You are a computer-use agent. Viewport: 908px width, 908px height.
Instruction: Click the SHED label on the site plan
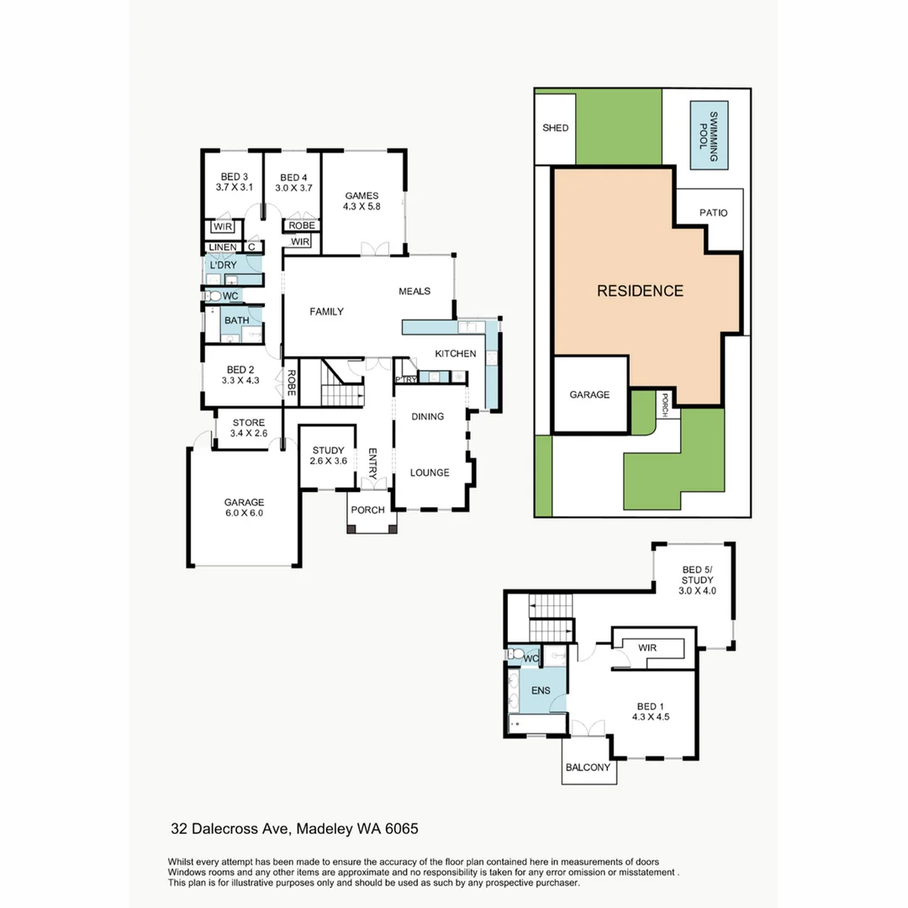555,129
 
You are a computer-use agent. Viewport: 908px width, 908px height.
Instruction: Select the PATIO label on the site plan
713,214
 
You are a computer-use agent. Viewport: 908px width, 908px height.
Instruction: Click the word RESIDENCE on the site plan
640,292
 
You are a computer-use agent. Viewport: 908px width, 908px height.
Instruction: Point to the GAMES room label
362,196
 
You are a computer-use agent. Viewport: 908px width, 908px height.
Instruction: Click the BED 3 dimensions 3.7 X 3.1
234,187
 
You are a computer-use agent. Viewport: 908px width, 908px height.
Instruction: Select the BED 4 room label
293,177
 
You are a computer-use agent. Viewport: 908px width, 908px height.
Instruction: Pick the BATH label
236,320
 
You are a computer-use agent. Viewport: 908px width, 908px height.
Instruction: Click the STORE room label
248,423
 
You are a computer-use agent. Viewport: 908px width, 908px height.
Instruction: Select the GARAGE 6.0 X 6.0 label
243,507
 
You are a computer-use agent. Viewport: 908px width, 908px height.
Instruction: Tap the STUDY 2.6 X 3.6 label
329,456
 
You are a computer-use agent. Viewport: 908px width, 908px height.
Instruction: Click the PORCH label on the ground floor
367,510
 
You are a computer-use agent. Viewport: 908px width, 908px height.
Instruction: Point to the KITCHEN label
456,354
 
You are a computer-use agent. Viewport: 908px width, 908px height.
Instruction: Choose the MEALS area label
414,292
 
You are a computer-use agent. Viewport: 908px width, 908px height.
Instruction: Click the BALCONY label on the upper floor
589,768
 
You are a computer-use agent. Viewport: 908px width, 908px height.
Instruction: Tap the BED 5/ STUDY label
697,579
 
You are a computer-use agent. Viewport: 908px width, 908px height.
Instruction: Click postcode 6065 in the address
402,829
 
